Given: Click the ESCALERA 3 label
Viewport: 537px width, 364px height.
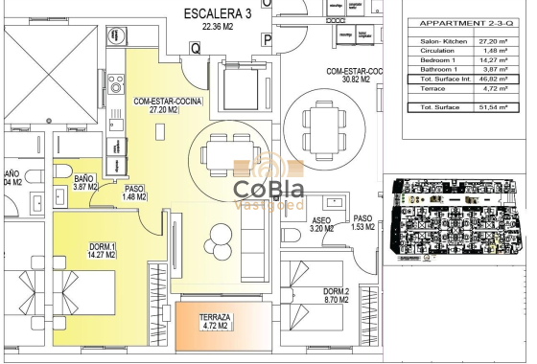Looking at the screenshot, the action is click(x=217, y=13).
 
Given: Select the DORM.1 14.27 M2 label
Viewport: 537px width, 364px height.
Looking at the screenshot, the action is click(x=100, y=251).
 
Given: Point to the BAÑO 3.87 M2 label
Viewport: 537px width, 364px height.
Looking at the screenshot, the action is click(x=85, y=183).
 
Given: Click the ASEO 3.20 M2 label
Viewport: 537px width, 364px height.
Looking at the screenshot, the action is click(x=321, y=224).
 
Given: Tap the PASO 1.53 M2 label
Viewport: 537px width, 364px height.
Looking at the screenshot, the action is click(x=362, y=223).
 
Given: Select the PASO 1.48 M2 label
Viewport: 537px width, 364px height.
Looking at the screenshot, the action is click(x=134, y=194).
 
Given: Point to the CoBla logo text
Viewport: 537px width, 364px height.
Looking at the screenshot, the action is click(x=268, y=189).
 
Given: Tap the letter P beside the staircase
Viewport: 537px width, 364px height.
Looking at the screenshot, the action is click(x=268, y=40).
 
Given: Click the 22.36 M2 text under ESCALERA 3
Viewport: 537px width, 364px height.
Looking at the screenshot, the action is click(x=216, y=27).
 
